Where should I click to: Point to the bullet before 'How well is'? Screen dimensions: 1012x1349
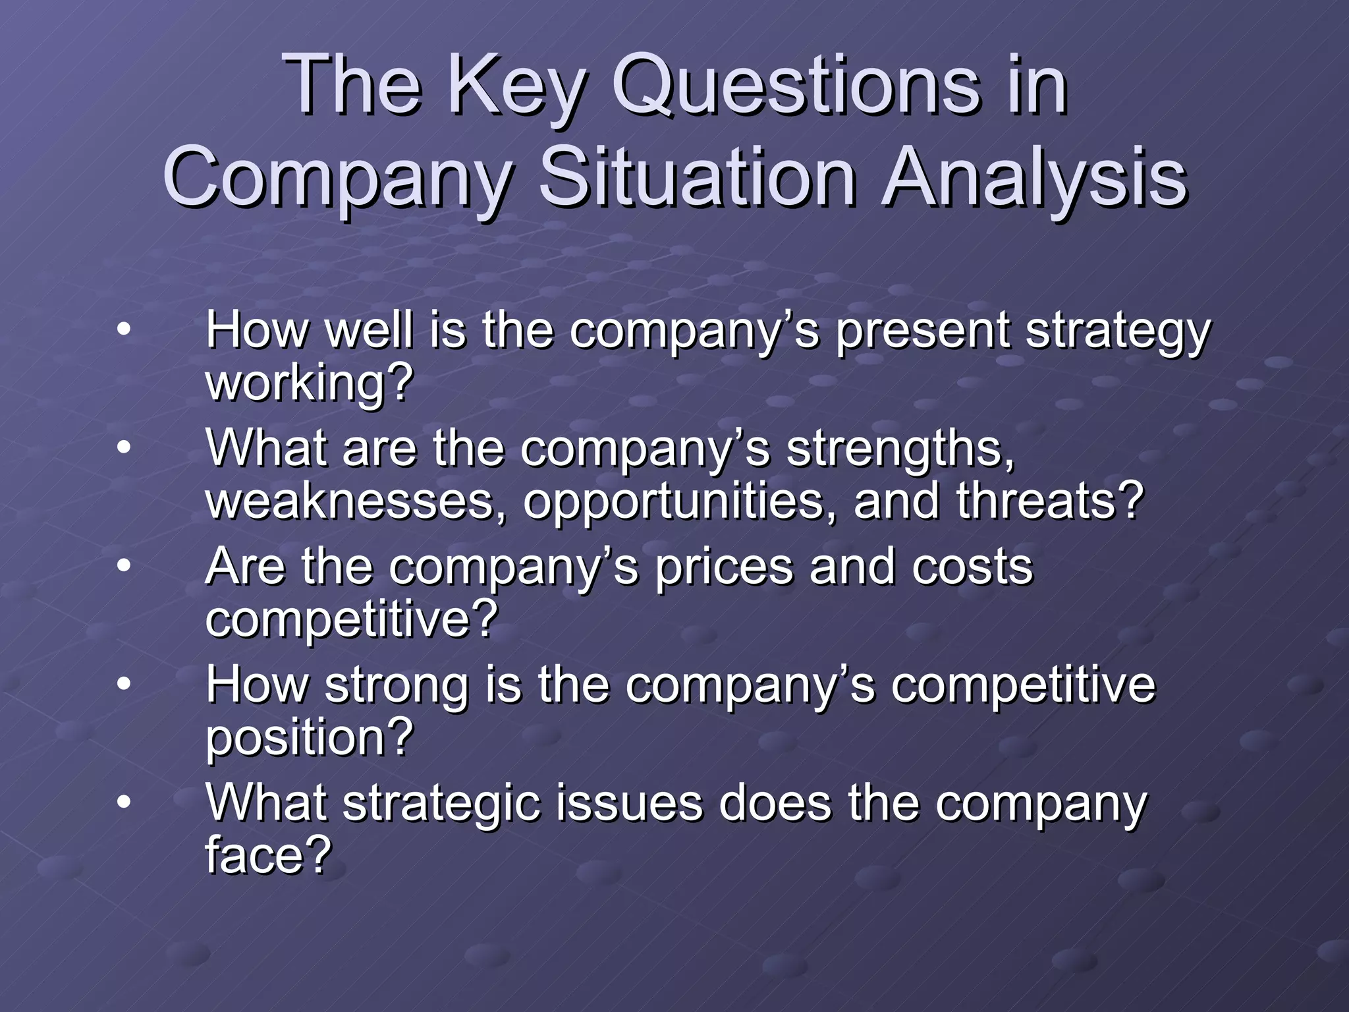tap(123, 329)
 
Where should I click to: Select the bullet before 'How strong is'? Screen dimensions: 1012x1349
tap(123, 685)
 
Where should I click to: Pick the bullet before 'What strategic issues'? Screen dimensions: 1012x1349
tap(123, 804)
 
